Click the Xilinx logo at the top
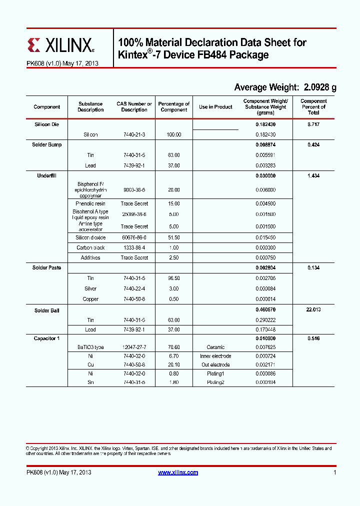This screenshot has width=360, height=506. (60, 46)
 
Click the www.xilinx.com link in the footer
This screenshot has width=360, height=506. (178, 472)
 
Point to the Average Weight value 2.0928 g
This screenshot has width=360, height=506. (319, 87)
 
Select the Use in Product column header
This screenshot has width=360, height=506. (215, 107)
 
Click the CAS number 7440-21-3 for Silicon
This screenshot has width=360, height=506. (134, 135)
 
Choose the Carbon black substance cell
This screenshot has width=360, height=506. (90, 247)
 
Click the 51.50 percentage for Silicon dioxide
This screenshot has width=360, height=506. (173, 237)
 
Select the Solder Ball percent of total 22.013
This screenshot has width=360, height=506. (313, 310)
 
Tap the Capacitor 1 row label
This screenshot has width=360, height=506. (47, 338)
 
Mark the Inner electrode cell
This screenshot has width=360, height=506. (215, 356)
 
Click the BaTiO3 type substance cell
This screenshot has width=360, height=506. (90, 347)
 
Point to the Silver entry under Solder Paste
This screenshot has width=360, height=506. (90, 288)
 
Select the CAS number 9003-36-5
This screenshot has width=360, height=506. (134, 190)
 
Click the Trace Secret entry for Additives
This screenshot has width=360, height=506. (134, 257)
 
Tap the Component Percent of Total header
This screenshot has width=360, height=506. (313, 107)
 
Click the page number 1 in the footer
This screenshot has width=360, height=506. (334, 472)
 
